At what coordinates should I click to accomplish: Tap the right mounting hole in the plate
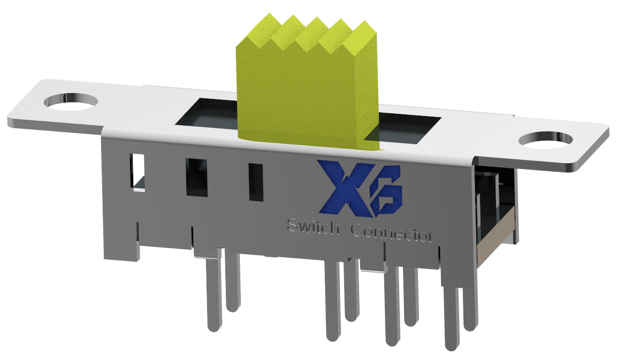pos(546,140)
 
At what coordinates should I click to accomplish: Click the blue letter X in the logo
pos(340,187)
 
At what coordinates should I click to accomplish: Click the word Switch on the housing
pos(313,227)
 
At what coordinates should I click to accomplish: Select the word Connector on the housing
pos(392,234)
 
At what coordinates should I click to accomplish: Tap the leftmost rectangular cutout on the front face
pos(138,171)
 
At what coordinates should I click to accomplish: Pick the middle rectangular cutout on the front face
pos(196,177)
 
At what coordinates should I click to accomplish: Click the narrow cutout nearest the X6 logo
pos(256,182)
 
